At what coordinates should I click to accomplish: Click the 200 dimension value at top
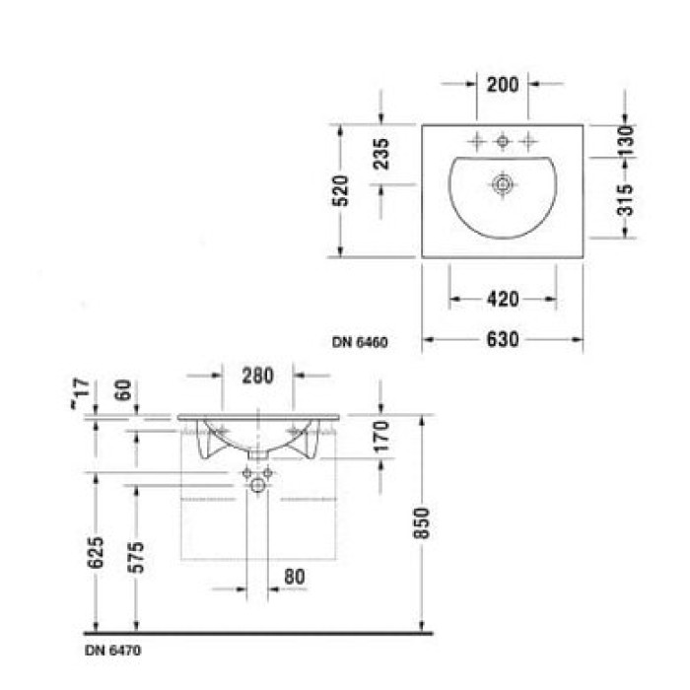pyautogui.click(x=503, y=85)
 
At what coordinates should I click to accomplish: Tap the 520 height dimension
pyautogui.click(x=340, y=190)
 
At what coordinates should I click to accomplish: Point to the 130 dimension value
pyautogui.click(x=625, y=143)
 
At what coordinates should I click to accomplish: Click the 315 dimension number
pyautogui.click(x=625, y=201)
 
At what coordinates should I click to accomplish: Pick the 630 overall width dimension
pyautogui.click(x=503, y=340)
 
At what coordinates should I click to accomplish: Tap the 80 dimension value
pyautogui.click(x=294, y=577)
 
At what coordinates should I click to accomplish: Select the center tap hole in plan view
pyautogui.click(x=503, y=142)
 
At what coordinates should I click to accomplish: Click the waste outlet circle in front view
pyautogui.click(x=258, y=484)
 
